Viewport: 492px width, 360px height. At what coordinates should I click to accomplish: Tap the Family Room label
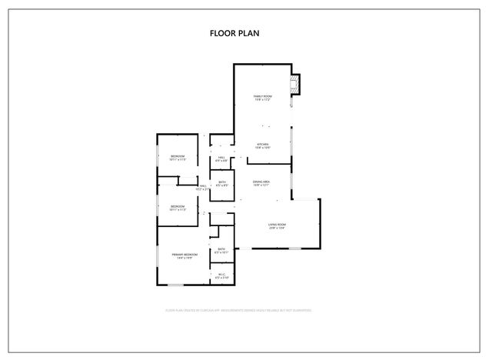click(263, 96)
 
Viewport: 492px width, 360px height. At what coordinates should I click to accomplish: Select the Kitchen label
click(262, 144)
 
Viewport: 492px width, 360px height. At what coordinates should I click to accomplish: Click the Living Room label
click(277, 223)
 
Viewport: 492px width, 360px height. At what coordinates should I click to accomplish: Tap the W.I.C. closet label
click(221, 273)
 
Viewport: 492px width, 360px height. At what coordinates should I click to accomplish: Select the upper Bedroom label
click(178, 156)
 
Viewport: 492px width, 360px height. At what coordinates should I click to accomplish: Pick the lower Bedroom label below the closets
click(178, 205)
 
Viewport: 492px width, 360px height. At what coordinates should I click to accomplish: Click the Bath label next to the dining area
click(221, 182)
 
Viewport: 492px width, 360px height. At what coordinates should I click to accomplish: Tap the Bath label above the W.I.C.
click(221, 248)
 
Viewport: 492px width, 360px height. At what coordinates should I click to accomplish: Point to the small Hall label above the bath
click(221, 157)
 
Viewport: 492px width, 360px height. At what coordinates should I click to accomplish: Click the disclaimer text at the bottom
click(238, 310)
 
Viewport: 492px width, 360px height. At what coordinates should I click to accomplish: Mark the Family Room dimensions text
click(263, 100)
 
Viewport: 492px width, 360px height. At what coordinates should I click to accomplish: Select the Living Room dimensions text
click(277, 228)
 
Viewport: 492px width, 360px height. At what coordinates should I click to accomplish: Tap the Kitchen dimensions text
click(262, 148)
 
